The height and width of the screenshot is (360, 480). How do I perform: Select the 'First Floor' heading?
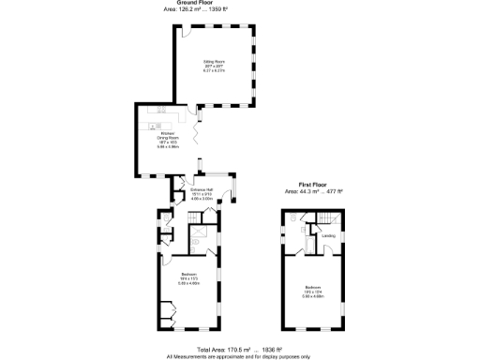[x=313, y=185]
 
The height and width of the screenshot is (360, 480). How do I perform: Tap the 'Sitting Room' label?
[x=217, y=62]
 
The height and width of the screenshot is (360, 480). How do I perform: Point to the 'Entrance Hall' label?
[x=202, y=190]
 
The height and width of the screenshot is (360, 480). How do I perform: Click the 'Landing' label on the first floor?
[x=328, y=235]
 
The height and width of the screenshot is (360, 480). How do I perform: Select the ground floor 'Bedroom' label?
[x=190, y=275]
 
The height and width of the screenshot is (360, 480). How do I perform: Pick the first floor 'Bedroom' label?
[x=313, y=288]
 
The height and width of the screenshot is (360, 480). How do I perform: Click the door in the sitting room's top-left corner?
[x=186, y=32]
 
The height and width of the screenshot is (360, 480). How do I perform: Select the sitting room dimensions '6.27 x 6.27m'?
[x=217, y=72]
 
